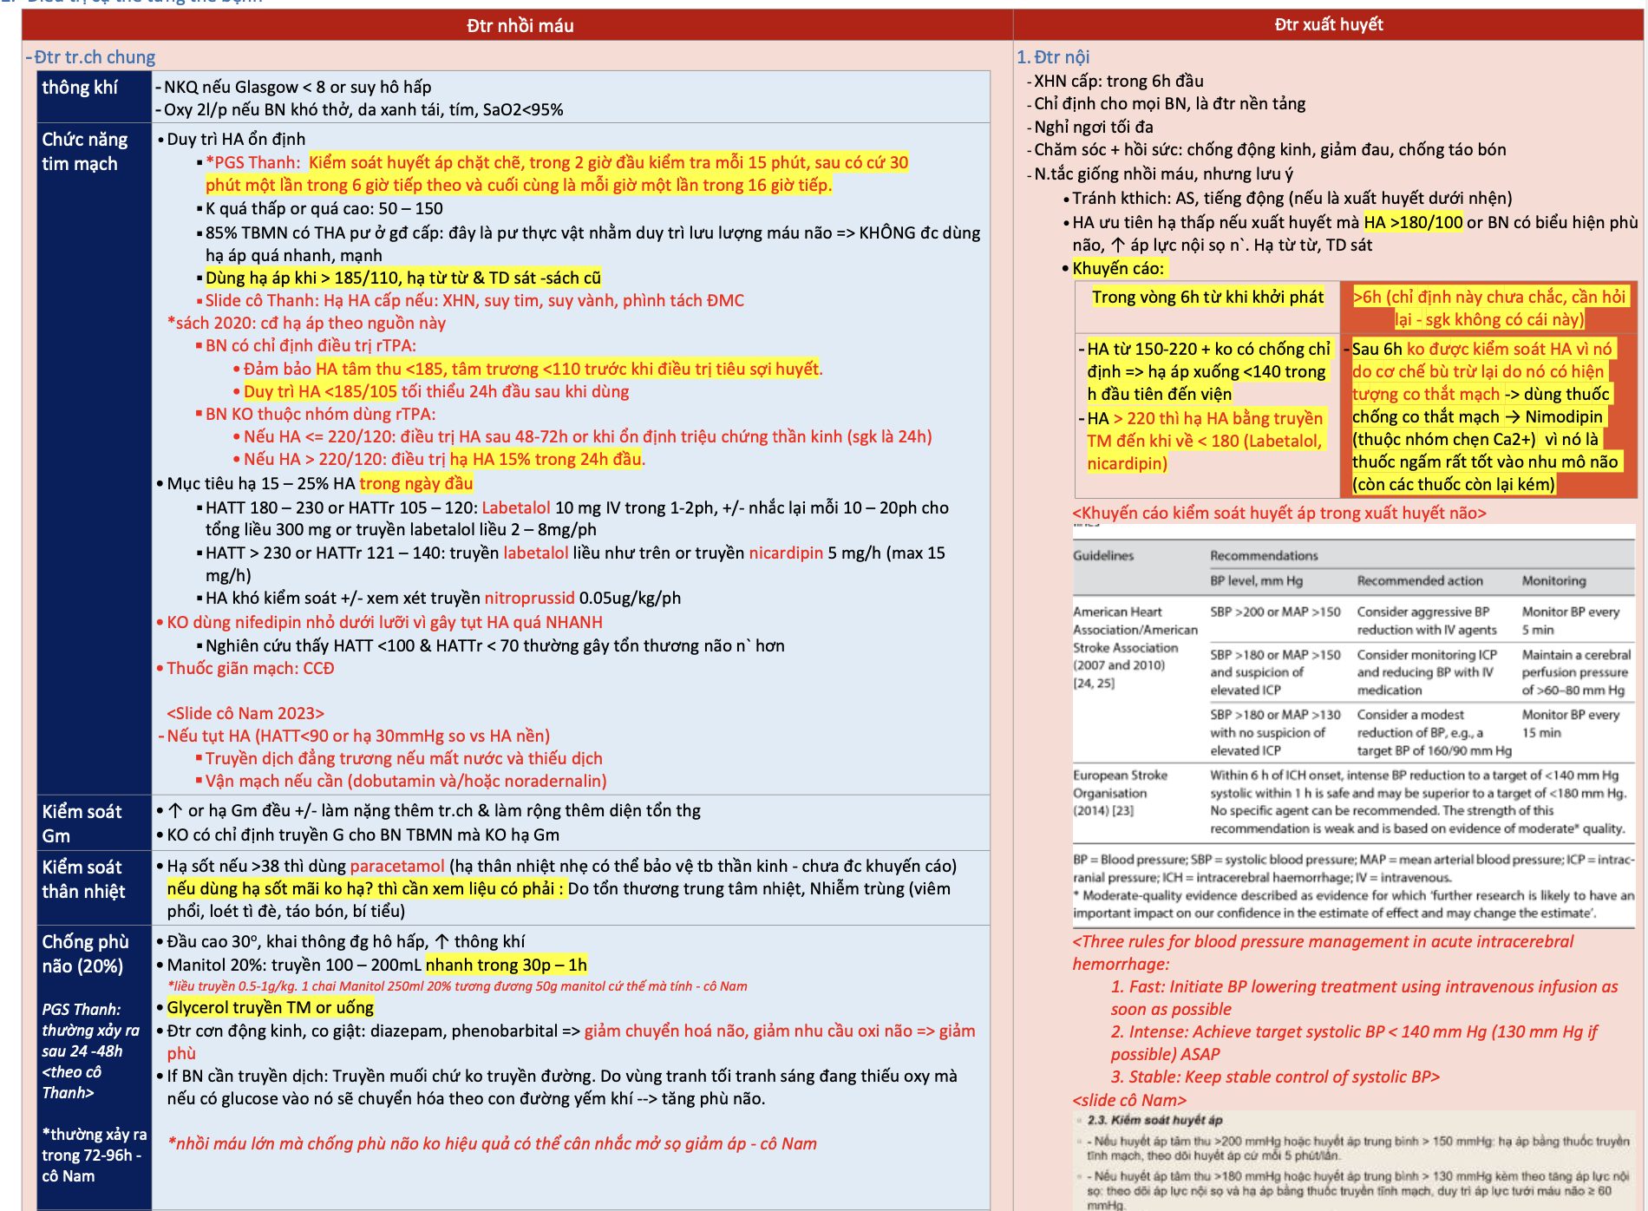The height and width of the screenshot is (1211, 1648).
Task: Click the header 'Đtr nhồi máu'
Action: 520,26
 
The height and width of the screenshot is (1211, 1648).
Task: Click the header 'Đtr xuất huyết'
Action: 1328,25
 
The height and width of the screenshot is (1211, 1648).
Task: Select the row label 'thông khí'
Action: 80,88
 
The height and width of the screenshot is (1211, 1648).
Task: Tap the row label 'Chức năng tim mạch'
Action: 84,152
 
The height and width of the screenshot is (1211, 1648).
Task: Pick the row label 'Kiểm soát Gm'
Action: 82,823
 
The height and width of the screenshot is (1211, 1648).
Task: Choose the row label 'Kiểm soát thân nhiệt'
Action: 83,879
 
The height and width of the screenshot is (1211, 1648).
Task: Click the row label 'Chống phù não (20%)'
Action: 85,953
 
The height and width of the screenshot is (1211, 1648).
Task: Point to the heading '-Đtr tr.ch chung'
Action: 91,57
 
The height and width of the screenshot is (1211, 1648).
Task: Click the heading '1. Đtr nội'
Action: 1053,57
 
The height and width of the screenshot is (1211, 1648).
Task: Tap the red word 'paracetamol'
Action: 397,866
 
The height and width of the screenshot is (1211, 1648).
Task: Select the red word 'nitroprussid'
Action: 529,598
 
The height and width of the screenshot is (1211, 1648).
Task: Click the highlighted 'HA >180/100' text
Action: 1413,222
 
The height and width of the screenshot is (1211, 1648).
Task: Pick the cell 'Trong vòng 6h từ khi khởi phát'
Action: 1207,298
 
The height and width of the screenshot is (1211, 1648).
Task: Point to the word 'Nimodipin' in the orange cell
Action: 1564,416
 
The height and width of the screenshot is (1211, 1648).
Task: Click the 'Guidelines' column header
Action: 1103,555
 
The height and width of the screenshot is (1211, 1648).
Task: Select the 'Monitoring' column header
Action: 1553,580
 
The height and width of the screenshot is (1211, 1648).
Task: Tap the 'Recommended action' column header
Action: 1419,580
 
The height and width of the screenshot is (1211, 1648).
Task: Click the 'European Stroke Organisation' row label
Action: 1120,792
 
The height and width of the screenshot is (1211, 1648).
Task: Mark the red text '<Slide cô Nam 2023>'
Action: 245,713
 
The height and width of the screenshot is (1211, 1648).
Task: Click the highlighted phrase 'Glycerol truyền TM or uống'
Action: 270,1007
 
